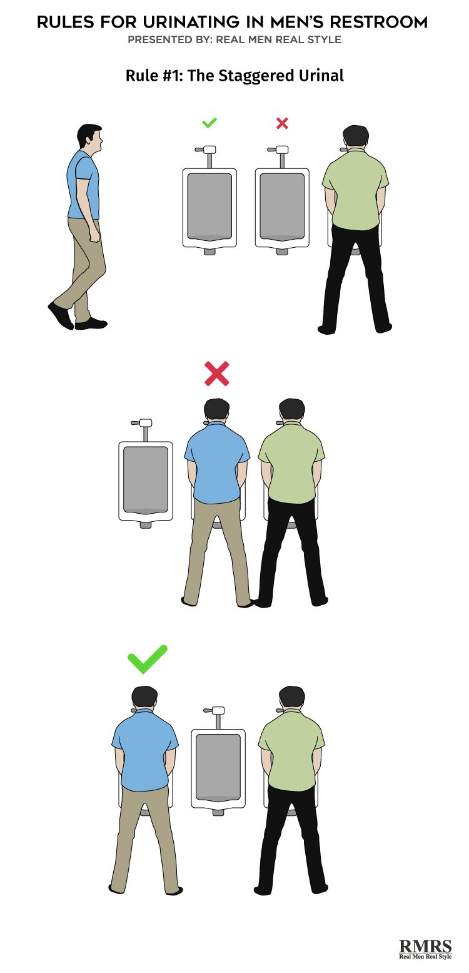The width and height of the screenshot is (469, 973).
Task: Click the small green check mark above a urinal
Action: [209, 123]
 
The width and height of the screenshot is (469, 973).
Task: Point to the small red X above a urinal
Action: [282, 123]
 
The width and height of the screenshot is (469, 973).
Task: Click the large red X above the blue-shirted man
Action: [217, 374]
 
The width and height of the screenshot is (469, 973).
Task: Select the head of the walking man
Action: [90, 137]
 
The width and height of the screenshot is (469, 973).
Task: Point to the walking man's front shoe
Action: [91, 323]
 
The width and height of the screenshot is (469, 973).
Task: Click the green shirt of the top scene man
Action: [355, 189]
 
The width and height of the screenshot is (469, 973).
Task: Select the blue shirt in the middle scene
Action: [217, 464]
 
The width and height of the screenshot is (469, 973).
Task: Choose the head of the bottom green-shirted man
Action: [292, 698]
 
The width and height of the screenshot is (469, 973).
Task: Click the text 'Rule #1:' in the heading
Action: [154, 76]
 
